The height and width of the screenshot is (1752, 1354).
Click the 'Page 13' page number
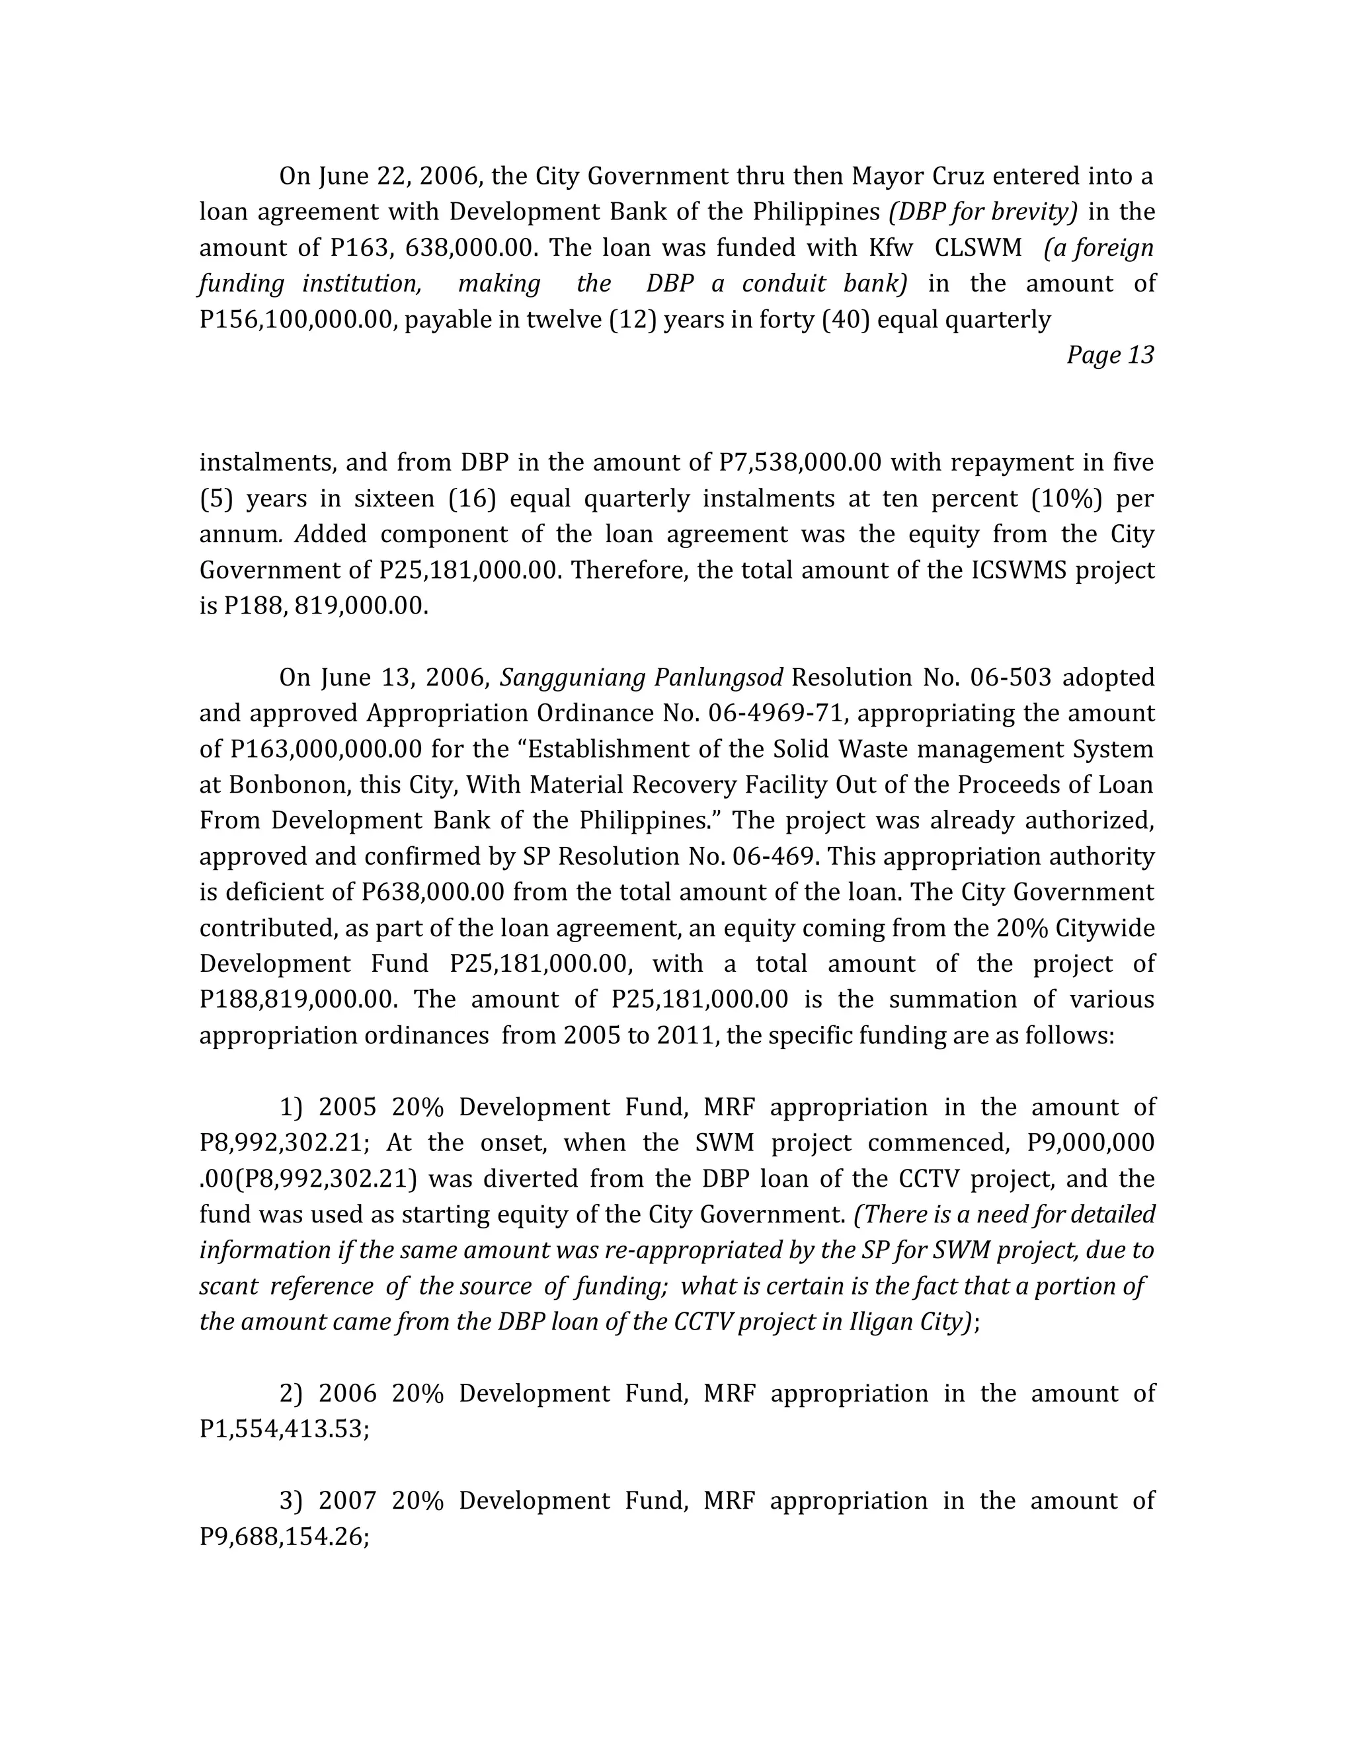(x=1109, y=356)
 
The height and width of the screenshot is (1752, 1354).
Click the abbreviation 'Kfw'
(x=891, y=248)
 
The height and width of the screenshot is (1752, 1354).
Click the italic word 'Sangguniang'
(x=572, y=678)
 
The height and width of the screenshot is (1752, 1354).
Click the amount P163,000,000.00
(x=326, y=749)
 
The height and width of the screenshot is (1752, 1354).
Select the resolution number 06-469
(x=775, y=857)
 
